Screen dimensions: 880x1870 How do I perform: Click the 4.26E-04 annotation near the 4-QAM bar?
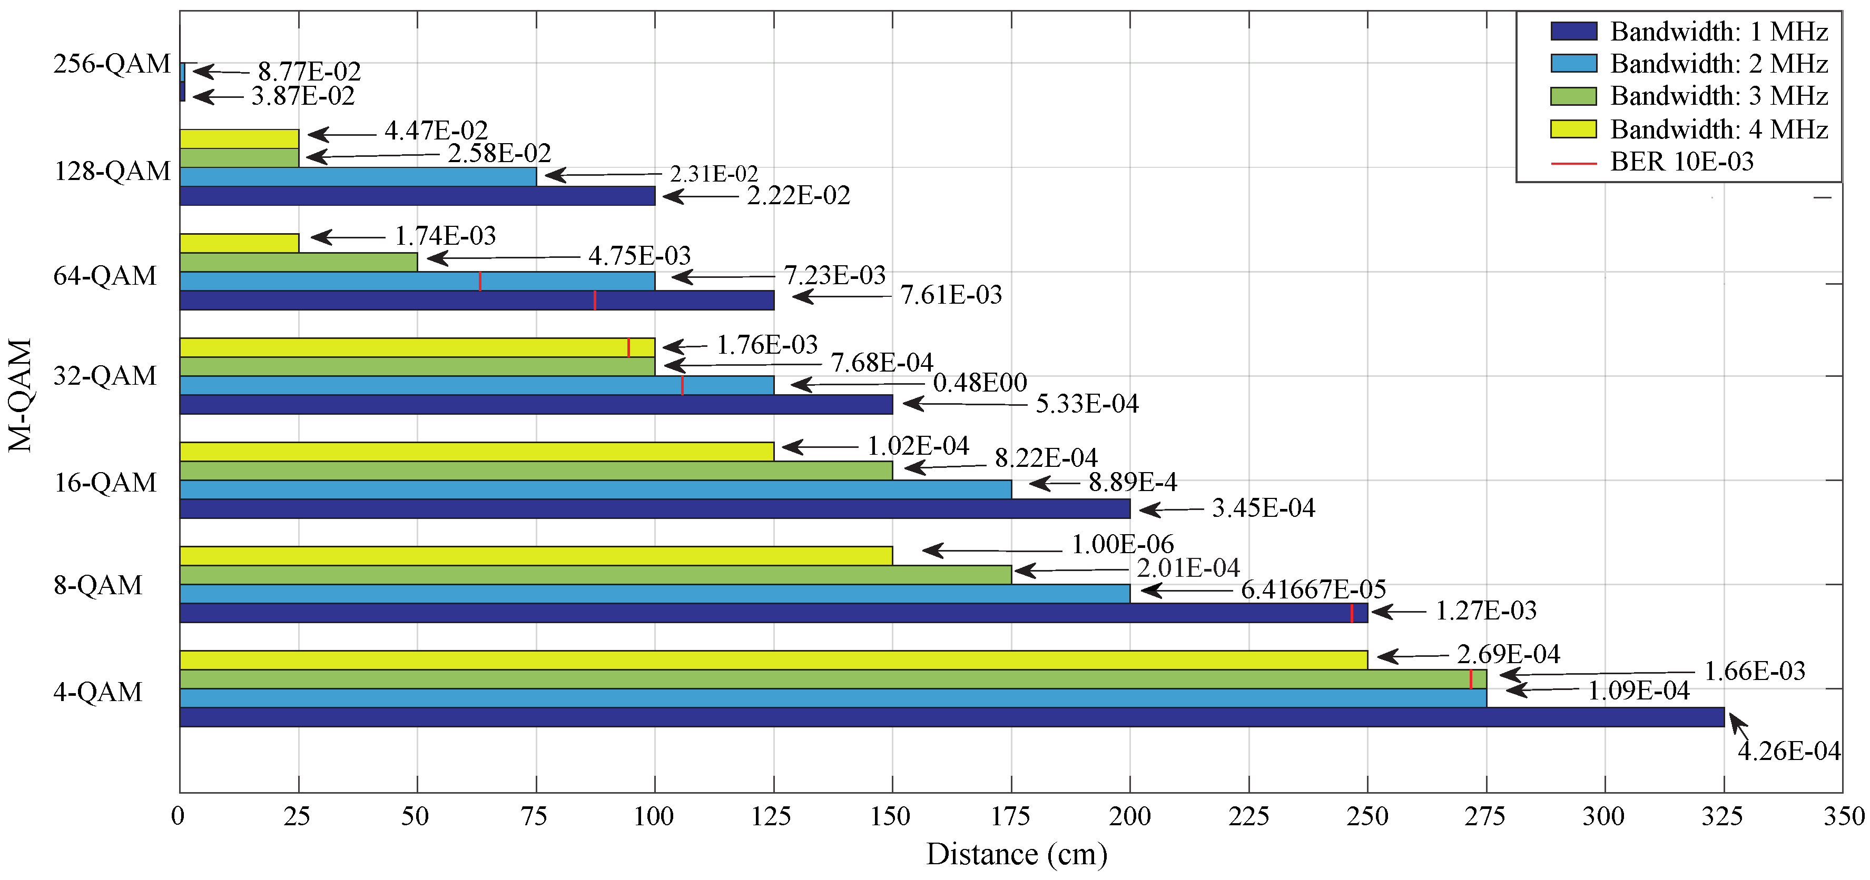tap(1788, 751)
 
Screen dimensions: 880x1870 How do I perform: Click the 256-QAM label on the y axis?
tap(112, 64)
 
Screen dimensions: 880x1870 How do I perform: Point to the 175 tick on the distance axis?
tap(1010, 817)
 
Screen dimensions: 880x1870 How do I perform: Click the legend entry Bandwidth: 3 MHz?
tap(1718, 96)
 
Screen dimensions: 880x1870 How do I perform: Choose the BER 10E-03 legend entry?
tap(1681, 161)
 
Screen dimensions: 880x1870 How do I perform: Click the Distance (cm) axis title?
tap(1016, 855)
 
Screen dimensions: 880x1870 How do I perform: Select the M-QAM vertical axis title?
tap(21, 395)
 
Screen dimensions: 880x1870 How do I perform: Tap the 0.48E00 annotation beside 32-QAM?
tap(980, 382)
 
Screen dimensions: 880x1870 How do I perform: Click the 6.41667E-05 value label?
tap(1313, 589)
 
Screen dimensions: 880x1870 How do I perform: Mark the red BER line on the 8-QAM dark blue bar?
tap(1351, 613)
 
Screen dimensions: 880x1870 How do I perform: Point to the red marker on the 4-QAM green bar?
tap(1471, 679)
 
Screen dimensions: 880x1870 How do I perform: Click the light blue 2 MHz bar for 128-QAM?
tap(358, 176)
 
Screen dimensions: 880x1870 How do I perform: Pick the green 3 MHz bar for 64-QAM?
tap(298, 262)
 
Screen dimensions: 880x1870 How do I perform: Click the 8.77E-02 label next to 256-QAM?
tap(309, 71)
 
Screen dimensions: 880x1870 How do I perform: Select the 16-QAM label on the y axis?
tap(105, 483)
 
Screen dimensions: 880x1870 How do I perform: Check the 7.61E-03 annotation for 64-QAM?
tap(951, 295)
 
